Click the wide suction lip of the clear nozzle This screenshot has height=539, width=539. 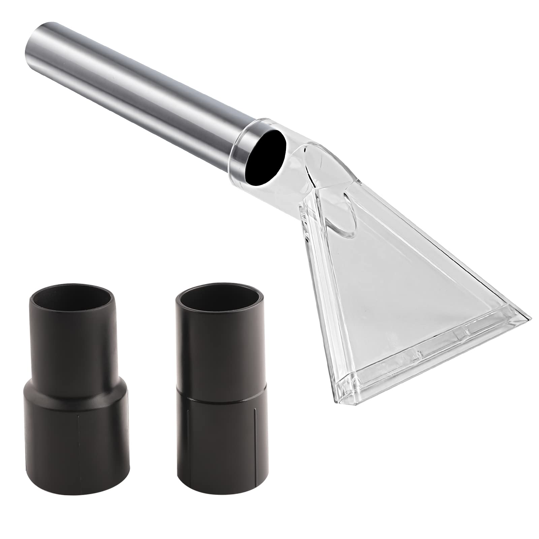[435, 360]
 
